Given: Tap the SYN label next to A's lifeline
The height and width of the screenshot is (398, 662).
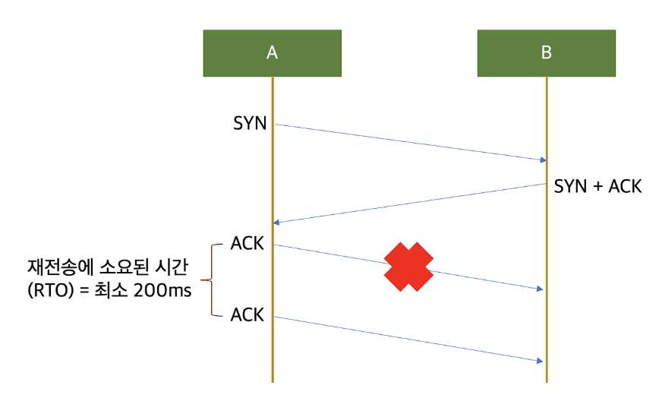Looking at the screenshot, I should point(250,123).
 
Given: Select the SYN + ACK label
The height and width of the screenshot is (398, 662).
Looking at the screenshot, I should point(597,186).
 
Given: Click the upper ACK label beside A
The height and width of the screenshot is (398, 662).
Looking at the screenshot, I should point(247,245).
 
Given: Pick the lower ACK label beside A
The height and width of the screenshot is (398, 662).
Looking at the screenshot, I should point(247,314).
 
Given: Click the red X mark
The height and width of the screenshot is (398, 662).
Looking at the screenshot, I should point(408,267).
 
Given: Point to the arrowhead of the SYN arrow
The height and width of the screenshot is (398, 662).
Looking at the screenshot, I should point(543,160).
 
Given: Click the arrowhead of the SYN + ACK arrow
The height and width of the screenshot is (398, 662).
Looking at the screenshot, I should point(277,222).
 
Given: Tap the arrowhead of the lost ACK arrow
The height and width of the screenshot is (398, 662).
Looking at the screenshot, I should point(541,289).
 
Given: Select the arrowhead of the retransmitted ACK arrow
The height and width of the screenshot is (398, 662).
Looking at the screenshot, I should point(541,360).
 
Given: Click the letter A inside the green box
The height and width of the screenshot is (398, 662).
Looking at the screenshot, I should point(272,53).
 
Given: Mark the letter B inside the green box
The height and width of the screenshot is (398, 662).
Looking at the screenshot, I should point(547,53).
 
